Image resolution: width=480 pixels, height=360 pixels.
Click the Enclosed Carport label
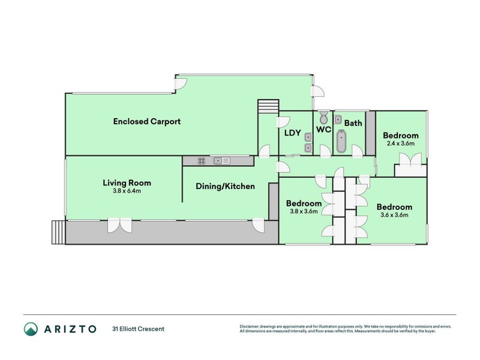[x=147, y=122]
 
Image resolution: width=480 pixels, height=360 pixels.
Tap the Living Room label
[x=127, y=183]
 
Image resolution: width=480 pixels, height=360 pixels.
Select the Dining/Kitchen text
[x=226, y=186]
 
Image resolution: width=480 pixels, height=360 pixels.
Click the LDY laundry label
[x=293, y=133]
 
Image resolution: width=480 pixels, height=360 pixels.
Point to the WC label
[x=323, y=130]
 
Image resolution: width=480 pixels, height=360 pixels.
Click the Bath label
[x=353, y=123]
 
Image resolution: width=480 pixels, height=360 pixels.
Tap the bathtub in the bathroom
[x=341, y=141]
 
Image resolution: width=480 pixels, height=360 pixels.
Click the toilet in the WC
[x=323, y=118]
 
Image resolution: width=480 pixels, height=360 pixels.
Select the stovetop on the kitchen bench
[x=202, y=161]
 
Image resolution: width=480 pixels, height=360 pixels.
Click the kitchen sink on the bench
[x=222, y=161]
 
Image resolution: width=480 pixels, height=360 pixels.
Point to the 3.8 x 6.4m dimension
[x=127, y=191]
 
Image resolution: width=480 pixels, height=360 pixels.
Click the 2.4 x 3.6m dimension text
[x=400, y=143]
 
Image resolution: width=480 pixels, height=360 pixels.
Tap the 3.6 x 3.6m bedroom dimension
[x=394, y=215]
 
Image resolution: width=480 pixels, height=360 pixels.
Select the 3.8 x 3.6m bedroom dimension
[x=304, y=211]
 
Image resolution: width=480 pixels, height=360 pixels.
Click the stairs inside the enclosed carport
[x=268, y=106]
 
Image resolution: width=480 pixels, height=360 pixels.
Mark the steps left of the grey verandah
[x=58, y=232]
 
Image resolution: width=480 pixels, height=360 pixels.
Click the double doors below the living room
[x=119, y=226]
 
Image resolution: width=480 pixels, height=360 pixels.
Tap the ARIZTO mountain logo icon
[x=31, y=329]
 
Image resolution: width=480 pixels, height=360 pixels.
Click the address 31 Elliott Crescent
[x=139, y=329]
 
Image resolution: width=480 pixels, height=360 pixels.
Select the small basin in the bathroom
[x=338, y=119]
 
